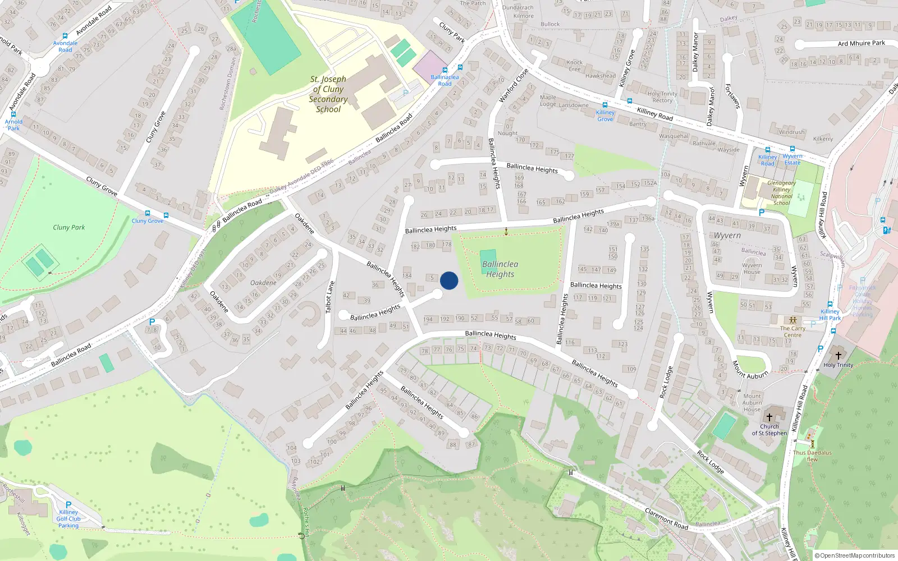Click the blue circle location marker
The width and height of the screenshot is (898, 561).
click(449, 280)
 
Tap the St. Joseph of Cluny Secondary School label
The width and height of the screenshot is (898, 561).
click(328, 94)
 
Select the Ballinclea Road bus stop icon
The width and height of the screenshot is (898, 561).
click(445, 70)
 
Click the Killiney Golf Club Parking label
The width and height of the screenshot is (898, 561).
click(68, 518)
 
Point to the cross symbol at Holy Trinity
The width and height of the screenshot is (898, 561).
click(839, 356)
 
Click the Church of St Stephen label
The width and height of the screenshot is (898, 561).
click(769, 430)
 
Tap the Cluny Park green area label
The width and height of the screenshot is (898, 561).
click(69, 227)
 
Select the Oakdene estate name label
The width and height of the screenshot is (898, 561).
click(263, 282)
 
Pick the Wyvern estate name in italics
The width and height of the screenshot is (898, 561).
click(727, 236)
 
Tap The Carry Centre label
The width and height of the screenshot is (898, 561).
click(792, 332)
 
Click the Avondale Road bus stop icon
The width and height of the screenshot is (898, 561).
click(65, 36)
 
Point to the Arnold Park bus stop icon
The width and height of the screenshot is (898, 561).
click(13, 114)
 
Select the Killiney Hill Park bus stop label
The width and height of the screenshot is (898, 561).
click(830, 315)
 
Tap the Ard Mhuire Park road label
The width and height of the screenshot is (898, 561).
click(861, 43)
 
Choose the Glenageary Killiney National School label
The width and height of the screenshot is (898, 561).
click(781, 193)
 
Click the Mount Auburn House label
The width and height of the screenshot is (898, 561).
click(752, 402)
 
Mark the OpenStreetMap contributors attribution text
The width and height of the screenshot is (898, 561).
click(854, 555)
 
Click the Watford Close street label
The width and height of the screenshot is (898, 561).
click(514, 85)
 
